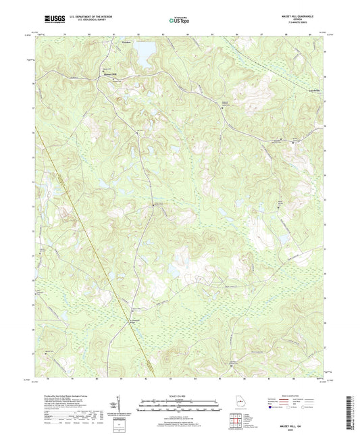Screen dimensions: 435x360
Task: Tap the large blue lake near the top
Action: [x=143, y=51]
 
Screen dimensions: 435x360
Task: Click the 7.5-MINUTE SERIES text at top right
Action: [x=298, y=25]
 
